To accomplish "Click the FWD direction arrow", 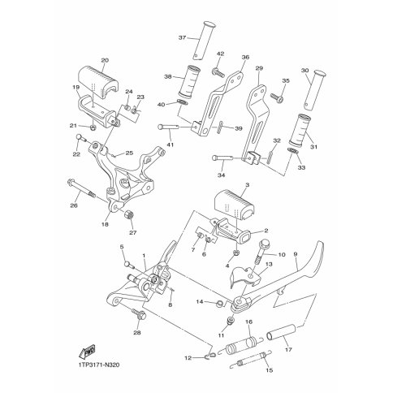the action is [x=88, y=352].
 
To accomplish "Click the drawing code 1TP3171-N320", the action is [x=95, y=365].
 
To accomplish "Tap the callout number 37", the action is [x=183, y=37].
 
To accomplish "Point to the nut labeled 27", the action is [x=129, y=215].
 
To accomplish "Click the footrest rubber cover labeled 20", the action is [x=99, y=81].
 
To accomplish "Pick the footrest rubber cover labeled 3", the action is [x=235, y=205].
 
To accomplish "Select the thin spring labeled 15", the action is [x=253, y=361].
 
